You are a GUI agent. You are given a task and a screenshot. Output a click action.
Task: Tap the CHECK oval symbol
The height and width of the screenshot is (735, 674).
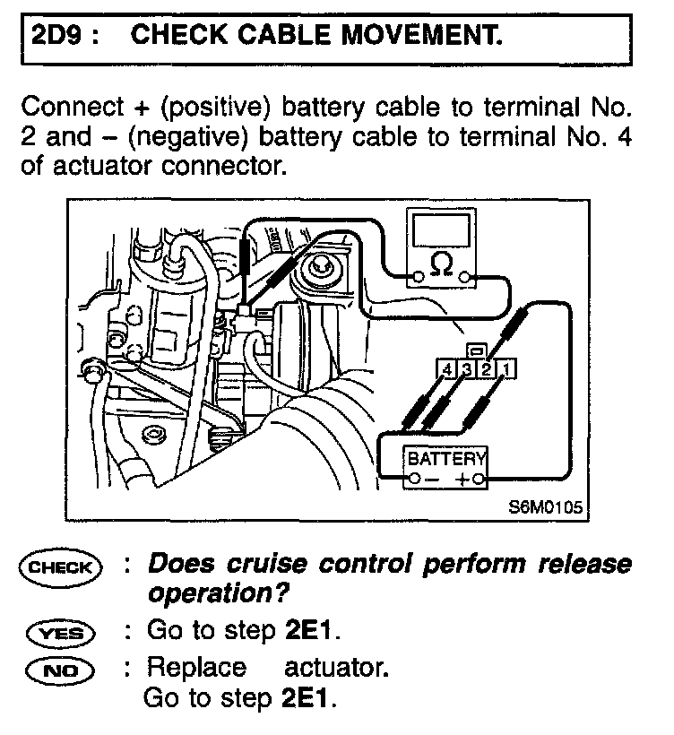[61, 567]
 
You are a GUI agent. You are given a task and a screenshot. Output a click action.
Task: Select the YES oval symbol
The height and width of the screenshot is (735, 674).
[61, 633]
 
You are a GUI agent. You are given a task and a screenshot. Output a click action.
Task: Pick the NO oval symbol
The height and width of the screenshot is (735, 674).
[61, 669]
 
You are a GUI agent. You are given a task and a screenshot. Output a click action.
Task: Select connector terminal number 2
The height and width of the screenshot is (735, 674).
[486, 368]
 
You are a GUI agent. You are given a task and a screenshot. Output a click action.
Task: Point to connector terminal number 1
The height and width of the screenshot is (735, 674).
[505, 368]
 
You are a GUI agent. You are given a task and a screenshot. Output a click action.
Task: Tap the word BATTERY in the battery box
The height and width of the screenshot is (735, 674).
[445, 459]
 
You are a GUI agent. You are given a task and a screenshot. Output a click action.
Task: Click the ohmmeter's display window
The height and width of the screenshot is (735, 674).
[440, 229]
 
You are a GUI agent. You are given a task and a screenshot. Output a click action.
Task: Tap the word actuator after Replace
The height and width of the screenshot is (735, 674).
[335, 669]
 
